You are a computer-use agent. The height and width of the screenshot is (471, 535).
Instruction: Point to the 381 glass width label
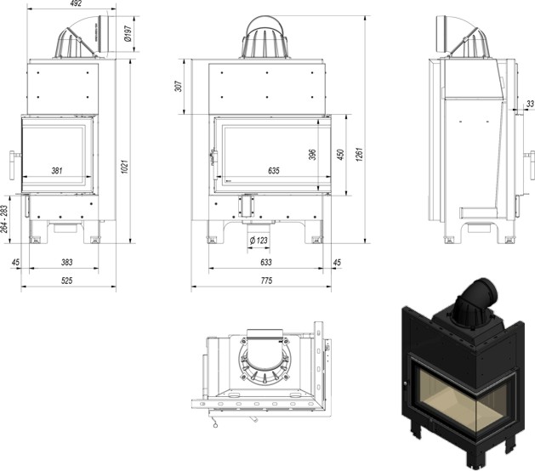pyautogui.click(x=56, y=171)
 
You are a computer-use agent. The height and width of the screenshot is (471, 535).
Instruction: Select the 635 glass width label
pyautogui.click(x=273, y=171)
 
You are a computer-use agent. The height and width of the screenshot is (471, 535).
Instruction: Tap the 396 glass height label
pyautogui.click(x=337, y=155)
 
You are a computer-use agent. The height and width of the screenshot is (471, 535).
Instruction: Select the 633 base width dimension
pyautogui.click(x=265, y=263)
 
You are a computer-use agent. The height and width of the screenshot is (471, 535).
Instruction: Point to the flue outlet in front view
pyautogui.click(x=265, y=36)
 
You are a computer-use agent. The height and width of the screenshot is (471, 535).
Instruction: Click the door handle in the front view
pyautogui.click(x=213, y=158)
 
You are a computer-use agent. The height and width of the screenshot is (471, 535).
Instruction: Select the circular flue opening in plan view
pyautogui.click(x=265, y=358)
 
